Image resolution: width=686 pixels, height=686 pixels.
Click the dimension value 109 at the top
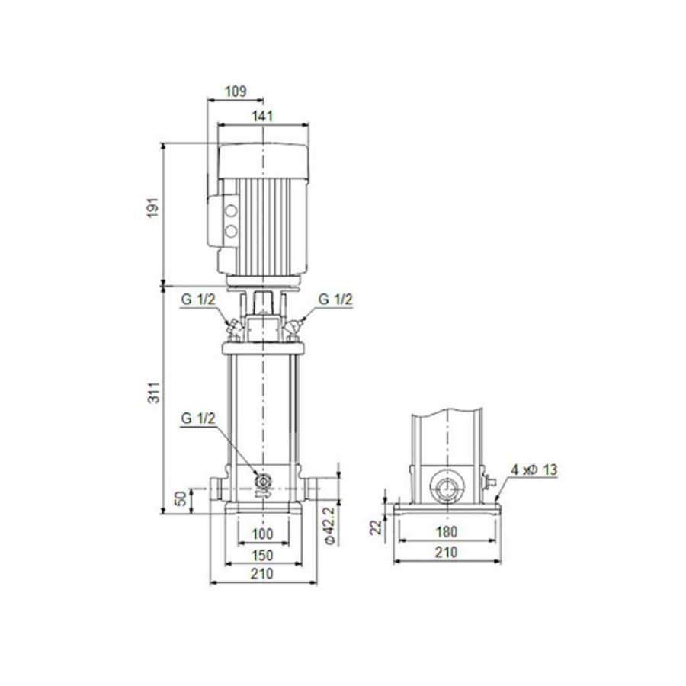coord(236,91)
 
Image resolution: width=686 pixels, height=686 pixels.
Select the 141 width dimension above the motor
coord(262,115)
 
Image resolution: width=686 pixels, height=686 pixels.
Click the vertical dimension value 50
coord(181,499)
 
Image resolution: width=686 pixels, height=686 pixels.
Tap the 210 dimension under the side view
coord(445,553)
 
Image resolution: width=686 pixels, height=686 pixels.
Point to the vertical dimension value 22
coord(375,527)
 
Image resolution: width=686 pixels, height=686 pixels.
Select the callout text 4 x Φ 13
coord(534,470)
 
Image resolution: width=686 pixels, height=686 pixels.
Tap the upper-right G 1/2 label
coord(335,300)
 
